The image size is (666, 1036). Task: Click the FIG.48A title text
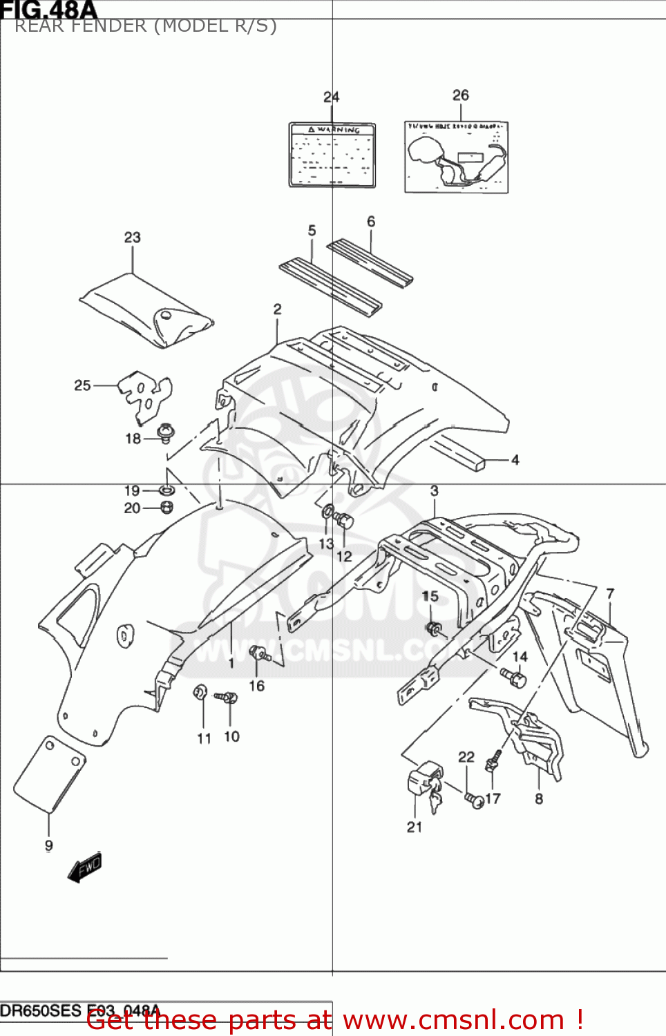click(x=48, y=10)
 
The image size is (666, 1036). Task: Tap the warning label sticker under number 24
click(x=332, y=155)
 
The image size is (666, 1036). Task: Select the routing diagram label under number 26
click(x=456, y=157)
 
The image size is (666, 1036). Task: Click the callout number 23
click(x=132, y=238)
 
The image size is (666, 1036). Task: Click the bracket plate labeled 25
click(x=145, y=394)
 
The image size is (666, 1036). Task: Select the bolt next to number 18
click(x=166, y=433)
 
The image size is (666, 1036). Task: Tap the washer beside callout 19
click(x=166, y=490)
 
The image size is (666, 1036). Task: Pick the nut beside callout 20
click(x=166, y=508)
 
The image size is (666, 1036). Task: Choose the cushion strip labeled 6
click(x=370, y=262)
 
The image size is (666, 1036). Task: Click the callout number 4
click(x=515, y=460)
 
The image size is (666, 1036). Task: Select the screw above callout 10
click(x=226, y=698)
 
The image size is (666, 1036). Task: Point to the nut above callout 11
click(x=200, y=691)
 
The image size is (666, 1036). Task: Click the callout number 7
click(x=610, y=593)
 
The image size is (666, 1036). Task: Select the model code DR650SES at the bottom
click(x=41, y=1011)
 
